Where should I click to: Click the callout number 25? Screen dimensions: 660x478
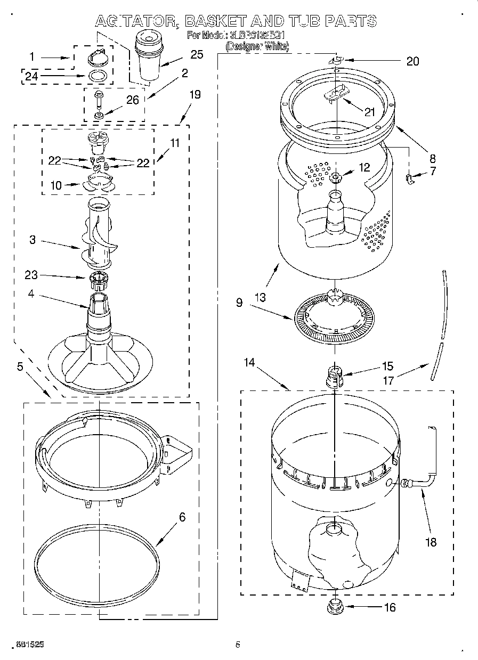coord(197,54)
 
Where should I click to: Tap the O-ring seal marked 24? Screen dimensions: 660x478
coord(96,76)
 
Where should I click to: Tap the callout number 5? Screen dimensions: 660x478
coord(20,366)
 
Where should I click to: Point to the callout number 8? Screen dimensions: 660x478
coord(432,158)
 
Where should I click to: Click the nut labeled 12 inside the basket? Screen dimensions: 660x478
coord(336,177)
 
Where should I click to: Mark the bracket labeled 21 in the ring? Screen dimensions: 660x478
coord(337,94)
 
